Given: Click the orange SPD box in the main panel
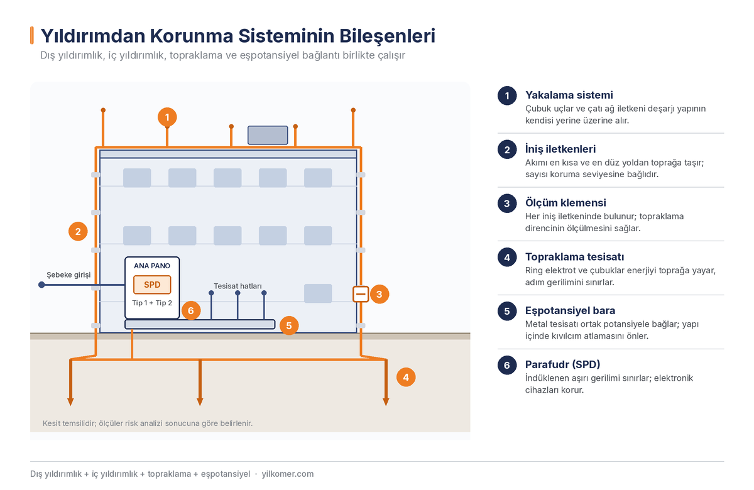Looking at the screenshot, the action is point(152,285).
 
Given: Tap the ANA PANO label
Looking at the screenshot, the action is point(152,266).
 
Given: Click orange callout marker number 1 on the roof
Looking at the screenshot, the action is point(167,117).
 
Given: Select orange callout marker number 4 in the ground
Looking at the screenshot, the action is point(406,377).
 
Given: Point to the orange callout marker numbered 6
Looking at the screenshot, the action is point(191,310).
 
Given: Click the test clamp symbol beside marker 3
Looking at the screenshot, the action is point(361,294).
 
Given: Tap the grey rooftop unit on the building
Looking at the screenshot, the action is point(268,135).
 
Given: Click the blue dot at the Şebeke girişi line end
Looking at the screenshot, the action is point(41,285).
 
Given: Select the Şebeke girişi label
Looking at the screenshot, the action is point(68,275).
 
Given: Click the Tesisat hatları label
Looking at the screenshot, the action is point(238,286).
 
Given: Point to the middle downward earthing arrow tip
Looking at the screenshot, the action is point(200,405).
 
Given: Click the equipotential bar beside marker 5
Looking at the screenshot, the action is point(200,324).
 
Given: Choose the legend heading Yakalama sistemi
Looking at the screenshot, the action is point(569,95).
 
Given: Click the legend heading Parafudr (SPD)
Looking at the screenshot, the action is point(563,364).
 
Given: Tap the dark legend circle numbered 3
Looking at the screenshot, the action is point(507,204).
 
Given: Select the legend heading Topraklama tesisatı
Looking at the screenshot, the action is point(574,257).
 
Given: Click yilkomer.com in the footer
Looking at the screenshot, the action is point(288,474).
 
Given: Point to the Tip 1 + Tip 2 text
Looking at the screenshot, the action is point(152,303).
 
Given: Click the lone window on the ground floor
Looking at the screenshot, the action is point(318,293).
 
